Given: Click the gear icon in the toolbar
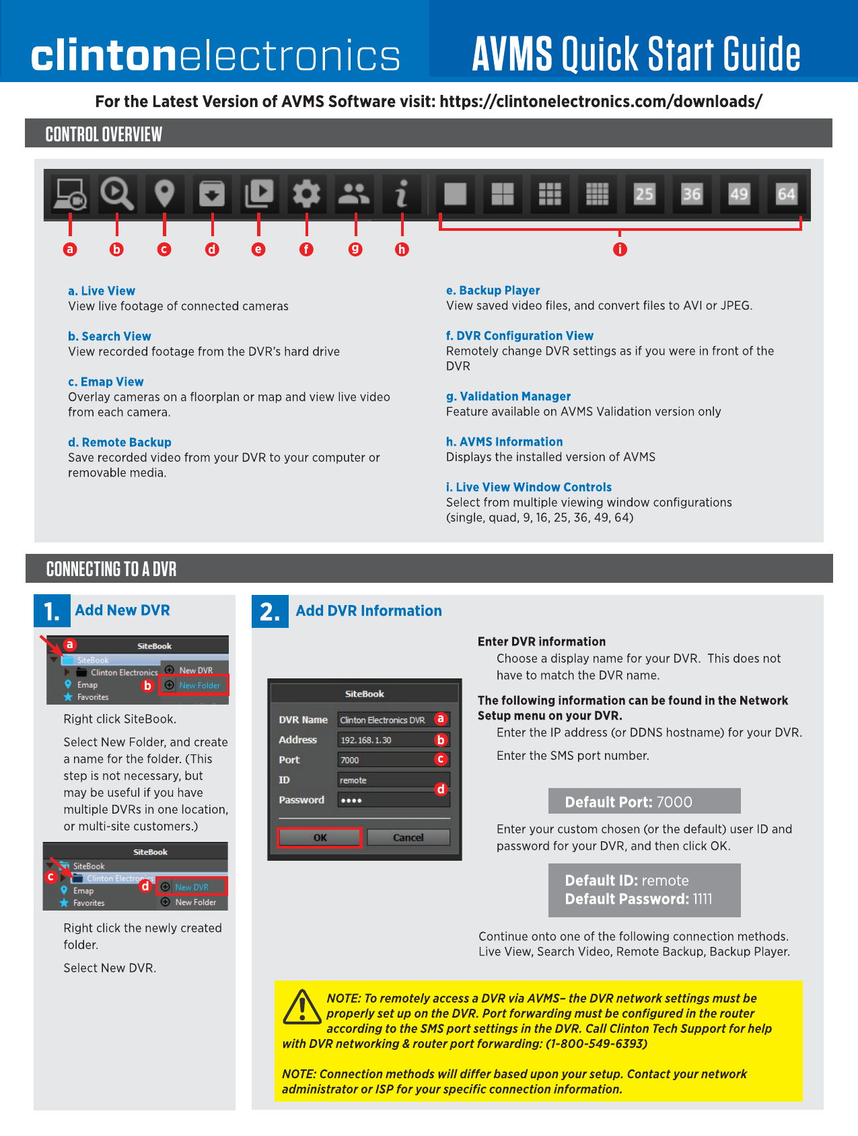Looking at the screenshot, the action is point(306,194).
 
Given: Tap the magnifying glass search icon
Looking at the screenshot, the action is point(117,194).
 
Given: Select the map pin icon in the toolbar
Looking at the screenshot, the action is point(165,194).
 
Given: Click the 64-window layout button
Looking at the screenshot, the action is point(786,194).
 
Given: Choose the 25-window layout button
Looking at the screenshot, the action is point(644,194).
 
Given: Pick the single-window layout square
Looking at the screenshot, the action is point(456,194).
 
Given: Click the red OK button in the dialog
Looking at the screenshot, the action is point(320,837).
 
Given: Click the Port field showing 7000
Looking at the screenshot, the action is point(393,760).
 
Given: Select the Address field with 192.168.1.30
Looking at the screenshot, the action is point(393,740).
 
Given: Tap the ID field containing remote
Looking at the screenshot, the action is point(393,780).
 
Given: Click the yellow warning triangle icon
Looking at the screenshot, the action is point(303,1007).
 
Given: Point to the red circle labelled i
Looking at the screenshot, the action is point(620,249).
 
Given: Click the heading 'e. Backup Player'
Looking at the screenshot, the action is point(493,290).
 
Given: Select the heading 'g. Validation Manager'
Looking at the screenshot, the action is point(508,396).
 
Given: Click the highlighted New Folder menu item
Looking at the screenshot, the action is point(194,685).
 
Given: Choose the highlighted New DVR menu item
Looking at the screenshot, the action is point(192,887).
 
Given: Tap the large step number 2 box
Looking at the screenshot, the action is point(270,611).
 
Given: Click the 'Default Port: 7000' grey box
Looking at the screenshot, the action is point(644,801).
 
